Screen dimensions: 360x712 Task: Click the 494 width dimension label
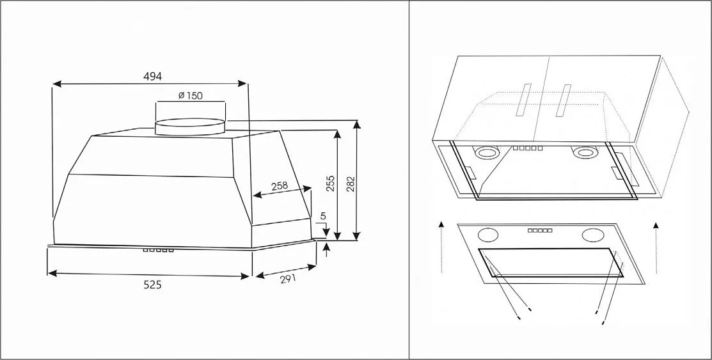152,76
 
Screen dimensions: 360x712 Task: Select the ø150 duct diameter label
190,96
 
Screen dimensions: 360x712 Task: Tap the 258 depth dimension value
280,186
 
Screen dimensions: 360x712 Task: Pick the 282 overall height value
350,184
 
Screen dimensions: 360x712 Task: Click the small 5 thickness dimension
323,216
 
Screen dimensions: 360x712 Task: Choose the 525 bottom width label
152,285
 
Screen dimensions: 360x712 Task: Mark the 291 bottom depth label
287,279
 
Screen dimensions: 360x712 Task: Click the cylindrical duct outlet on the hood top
190,125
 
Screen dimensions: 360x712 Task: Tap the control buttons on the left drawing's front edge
158,249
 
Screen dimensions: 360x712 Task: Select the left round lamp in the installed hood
486,153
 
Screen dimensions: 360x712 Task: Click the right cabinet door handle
564,100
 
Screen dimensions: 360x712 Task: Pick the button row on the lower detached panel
540,230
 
